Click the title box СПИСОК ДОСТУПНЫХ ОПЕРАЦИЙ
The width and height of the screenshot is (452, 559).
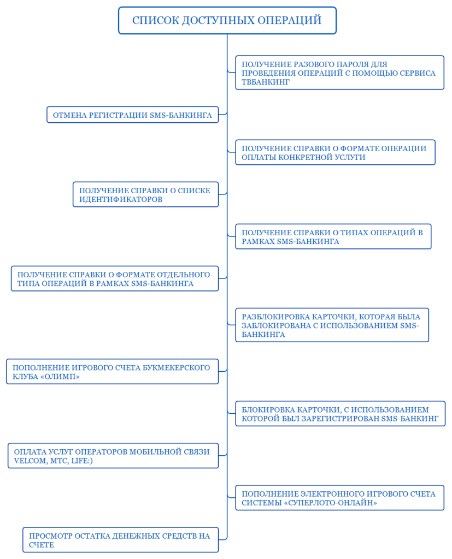pos(227,20)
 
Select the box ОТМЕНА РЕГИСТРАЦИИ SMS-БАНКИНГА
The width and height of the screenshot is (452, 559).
pos(132,115)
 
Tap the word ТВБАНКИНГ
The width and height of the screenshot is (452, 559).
pos(266,82)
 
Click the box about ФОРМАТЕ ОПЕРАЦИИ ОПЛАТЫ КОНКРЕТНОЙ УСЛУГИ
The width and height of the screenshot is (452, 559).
pos(335,153)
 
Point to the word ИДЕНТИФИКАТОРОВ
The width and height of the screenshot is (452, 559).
pos(121,199)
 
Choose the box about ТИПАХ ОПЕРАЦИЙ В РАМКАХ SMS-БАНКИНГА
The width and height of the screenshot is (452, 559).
pos(333,237)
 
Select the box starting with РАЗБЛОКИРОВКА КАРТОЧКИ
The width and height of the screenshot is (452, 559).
pos(332,325)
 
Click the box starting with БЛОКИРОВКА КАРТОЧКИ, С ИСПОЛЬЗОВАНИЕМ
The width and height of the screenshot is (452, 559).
pos(341,414)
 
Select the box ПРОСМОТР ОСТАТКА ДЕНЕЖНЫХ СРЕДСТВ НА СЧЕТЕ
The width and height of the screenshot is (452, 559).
pos(121,540)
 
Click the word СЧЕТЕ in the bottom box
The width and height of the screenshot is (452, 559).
pos(42,545)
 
